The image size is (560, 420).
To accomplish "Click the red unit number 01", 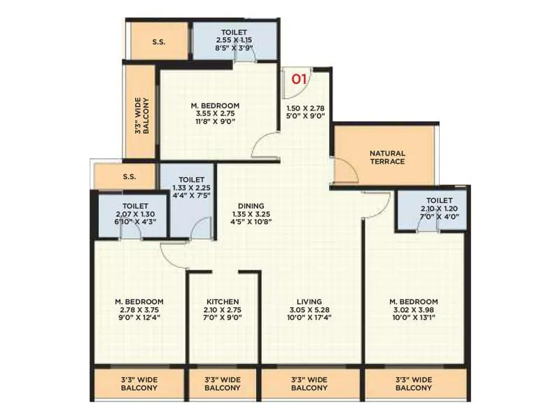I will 299,78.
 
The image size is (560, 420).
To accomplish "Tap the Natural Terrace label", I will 387,157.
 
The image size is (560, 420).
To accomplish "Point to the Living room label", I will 309,302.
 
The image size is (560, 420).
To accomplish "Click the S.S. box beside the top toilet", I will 159,42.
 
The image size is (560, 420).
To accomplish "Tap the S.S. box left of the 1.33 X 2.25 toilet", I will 128,177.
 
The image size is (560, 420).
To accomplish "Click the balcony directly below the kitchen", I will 223,384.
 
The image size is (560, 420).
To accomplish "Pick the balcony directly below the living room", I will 309,384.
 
